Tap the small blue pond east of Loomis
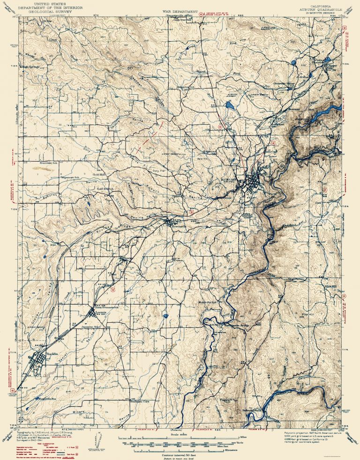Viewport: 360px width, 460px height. (x=166, y=316)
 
